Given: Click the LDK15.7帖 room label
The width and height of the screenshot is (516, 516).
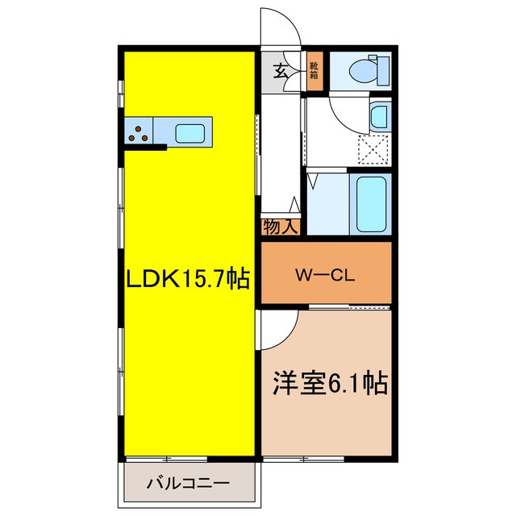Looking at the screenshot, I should click(186, 281).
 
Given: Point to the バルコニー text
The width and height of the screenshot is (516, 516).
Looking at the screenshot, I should click(188, 484).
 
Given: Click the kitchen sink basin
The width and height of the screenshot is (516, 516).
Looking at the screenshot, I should click(191, 132).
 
